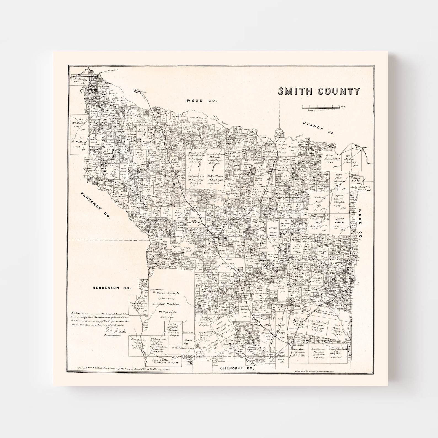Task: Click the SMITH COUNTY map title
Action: point(319,91)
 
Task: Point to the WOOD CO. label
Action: point(202,101)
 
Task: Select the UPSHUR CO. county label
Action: point(318,128)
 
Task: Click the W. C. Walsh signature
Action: point(114,331)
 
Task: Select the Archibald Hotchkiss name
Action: point(166,304)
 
